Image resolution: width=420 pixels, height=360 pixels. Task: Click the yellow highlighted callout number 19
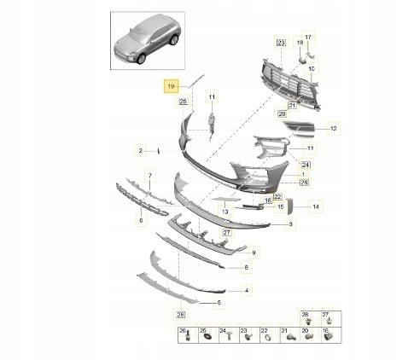coord(171,86)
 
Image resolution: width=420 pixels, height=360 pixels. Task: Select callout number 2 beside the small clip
coord(140,151)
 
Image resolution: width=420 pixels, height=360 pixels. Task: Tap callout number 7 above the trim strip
coord(150,176)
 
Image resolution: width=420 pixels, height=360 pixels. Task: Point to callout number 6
coord(141,220)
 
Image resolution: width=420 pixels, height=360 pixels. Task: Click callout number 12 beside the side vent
coord(334,129)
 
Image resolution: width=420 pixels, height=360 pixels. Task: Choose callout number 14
coord(316,206)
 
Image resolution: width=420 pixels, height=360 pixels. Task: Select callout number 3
coord(290,224)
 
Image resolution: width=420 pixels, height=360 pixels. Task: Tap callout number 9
coord(254,253)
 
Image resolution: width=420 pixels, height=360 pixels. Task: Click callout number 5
coord(219,303)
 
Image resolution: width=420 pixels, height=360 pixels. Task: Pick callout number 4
coord(247,290)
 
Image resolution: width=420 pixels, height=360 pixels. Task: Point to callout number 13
coord(225,212)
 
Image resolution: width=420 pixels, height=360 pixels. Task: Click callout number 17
coord(308,37)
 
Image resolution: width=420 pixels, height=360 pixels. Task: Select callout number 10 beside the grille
coord(312,69)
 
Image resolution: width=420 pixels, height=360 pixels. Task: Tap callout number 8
coord(247,267)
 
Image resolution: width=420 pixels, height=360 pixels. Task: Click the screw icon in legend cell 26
coord(188,337)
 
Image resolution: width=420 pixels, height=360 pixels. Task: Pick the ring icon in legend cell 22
coord(268,338)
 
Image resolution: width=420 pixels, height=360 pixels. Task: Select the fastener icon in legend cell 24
coord(230,337)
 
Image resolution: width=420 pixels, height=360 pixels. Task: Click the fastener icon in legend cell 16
coord(328,337)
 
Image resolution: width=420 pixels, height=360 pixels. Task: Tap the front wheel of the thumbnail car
coord(141,59)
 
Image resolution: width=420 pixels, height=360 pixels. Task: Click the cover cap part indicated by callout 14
coord(289,206)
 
